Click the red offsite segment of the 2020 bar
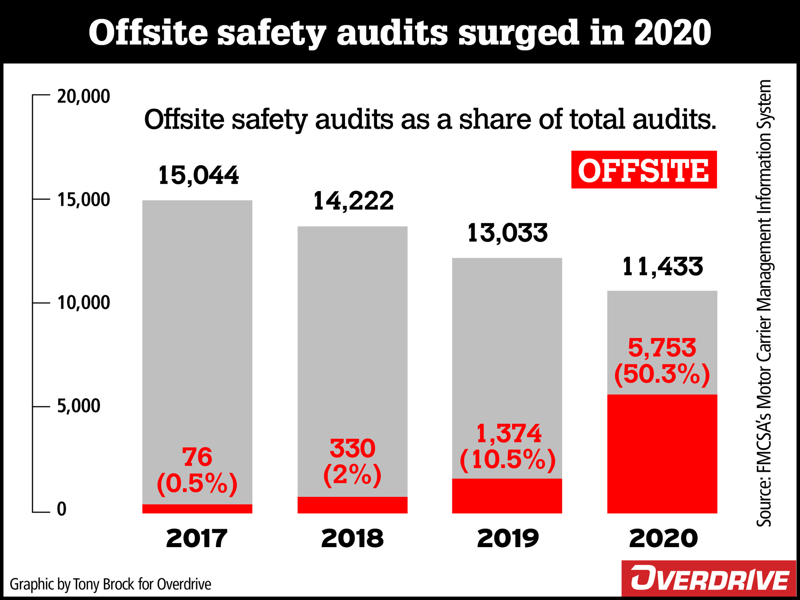[x=662, y=454]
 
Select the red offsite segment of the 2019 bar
[x=507, y=496]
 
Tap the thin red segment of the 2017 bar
[x=197, y=509]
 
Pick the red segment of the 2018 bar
[x=352, y=505]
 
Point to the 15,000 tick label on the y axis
[x=83, y=200]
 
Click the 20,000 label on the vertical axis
[x=83, y=97]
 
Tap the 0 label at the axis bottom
[x=62, y=509]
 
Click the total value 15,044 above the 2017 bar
[x=198, y=175]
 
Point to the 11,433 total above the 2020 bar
[x=662, y=267]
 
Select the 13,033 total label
[x=507, y=233]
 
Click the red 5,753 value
[x=662, y=348]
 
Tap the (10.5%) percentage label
[x=507, y=460]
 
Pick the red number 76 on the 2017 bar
[x=197, y=457]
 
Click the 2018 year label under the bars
[x=352, y=538]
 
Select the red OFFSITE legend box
[x=643, y=170]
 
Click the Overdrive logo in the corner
[x=710, y=579]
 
